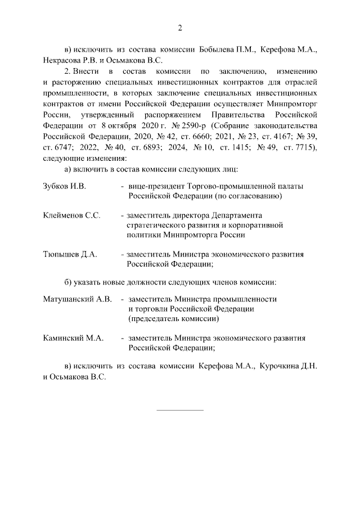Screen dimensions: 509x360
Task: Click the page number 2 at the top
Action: point(180,29)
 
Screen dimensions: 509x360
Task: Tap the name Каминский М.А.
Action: point(71,338)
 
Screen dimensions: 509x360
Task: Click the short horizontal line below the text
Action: point(179,409)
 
